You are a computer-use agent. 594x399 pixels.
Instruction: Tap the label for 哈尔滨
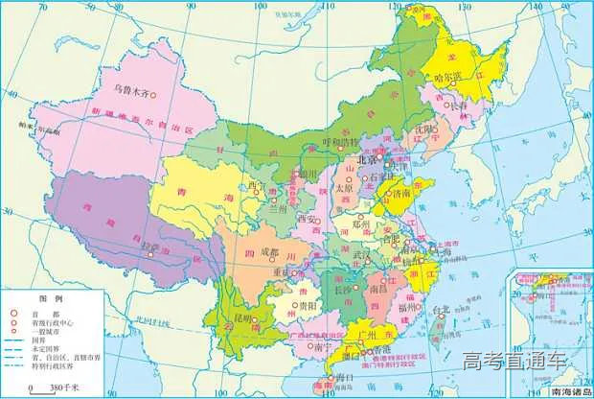pos(448,77)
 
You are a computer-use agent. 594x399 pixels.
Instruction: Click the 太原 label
pos(344,188)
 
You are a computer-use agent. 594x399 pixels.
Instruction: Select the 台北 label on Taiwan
pos(440,310)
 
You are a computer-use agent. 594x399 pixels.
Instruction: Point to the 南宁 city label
pos(322,349)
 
